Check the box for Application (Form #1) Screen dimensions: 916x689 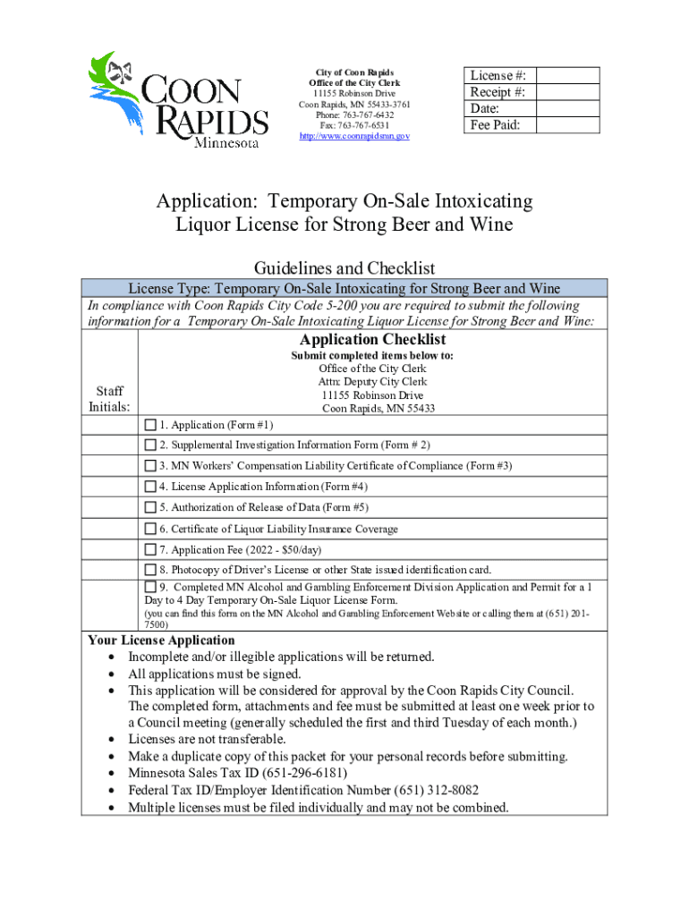(150, 424)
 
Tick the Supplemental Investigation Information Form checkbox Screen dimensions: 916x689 (150, 445)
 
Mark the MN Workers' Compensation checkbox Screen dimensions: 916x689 (150, 465)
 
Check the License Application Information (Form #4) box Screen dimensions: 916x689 (150, 487)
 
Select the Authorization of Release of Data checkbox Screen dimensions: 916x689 (150, 507)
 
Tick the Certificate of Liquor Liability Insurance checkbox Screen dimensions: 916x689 (150, 529)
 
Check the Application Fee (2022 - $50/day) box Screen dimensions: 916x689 (150, 549)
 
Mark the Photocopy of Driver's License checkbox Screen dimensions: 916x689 (150, 570)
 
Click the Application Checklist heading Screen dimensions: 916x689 (372, 340)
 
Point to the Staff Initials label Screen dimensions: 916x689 (106, 399)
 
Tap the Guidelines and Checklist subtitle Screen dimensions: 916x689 (344, 267)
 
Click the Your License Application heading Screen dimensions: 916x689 (161, 640)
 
